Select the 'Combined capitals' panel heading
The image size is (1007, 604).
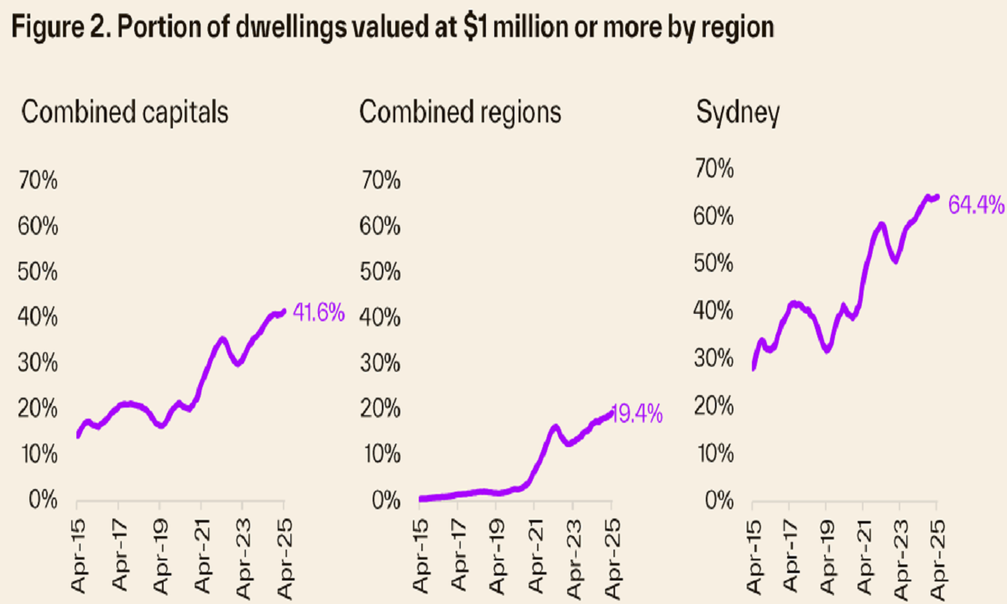pyautogui.click(x=124, y=113)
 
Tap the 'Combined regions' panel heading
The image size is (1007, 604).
pyautogui.click(x=460, y=113)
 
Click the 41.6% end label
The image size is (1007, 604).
pyautogui.click(x=319, y=314)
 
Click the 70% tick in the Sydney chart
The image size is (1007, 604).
pyautogui.click(x=714, y=169)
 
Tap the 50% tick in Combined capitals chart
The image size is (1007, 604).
pyautogui.click(x=37, y=273)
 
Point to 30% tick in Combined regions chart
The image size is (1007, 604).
pyautogui.click(x=381, y=363)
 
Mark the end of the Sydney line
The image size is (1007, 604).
pyautogui.click(x=937, y=197)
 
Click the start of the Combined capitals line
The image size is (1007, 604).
pyautogui.click(x=78, y=435)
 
